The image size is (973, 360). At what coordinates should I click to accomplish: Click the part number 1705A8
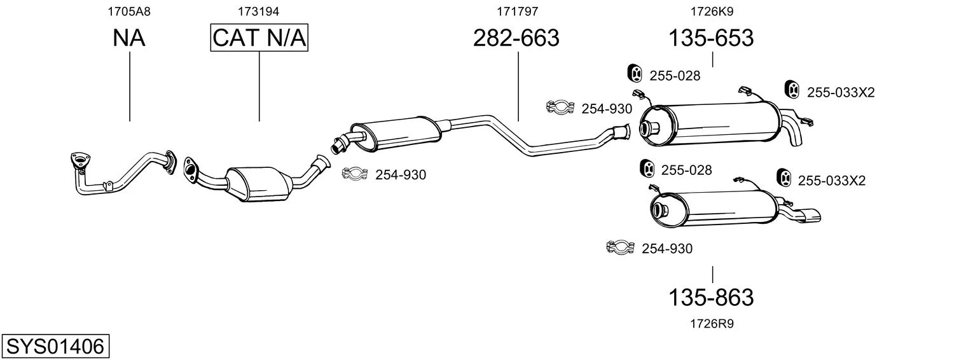tap(129, 11)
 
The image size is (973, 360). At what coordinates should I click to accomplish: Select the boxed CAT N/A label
tap(259, 38)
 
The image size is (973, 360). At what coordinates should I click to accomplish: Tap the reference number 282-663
tap(516, 38)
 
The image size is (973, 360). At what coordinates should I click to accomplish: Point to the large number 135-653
tap(710, 38)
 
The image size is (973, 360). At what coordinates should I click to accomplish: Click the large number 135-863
tap(710, 297)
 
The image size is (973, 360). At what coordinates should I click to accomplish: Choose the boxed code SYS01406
tap(55, 347)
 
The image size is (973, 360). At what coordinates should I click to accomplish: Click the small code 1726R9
tap(712, 324)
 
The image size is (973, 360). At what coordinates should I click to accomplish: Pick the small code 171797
tap(517, 11)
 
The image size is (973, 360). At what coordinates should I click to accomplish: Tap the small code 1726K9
tap(712, 11)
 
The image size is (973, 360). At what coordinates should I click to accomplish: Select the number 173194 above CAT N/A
tap(258, 11)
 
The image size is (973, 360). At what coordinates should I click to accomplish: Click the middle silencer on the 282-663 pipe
tap(396, 134)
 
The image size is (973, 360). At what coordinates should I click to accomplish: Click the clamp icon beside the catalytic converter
tap(355, 174)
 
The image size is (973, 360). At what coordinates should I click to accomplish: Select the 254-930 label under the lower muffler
tap(666, 249)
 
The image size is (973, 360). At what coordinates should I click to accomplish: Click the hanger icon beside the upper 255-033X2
tap(792, 90)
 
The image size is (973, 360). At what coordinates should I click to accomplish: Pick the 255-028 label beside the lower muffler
tap(686, 170)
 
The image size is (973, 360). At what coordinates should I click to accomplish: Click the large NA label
tap(129, 38)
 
